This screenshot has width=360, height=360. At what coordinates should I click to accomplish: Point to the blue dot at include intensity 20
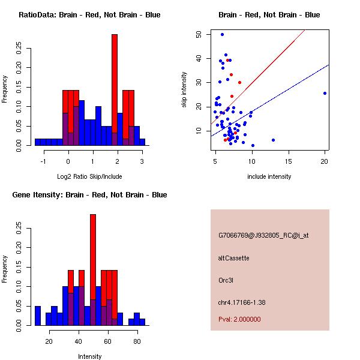325,93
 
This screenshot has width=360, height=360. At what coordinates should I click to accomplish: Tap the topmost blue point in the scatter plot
222,35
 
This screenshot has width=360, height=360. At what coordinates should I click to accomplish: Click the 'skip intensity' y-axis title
185,89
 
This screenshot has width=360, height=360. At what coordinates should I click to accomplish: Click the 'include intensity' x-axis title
269,176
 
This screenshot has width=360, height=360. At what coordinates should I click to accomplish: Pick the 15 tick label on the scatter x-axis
288,161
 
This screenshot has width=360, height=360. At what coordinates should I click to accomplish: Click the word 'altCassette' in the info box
233,258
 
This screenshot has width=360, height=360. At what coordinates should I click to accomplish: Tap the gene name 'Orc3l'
226,280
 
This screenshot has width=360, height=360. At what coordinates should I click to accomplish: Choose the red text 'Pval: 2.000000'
239,319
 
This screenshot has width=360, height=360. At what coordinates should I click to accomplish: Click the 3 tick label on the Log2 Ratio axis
142,161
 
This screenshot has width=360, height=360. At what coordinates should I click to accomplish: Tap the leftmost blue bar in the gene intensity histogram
38,316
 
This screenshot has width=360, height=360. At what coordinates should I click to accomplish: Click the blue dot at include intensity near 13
273,140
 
